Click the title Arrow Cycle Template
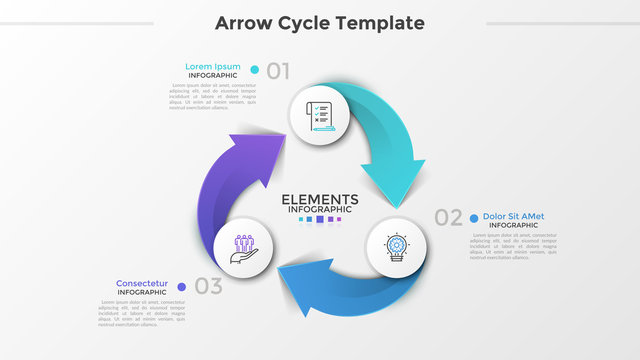pos(320,23)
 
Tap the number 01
pos(278,70)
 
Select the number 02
pos(449,216)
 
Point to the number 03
pos(208,286)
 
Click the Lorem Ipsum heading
pos(212,67)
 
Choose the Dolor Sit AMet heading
pos(513,216)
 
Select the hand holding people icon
pos(244,246)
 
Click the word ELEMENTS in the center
pos(320,198)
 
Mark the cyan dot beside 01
pos(255,70)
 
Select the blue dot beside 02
pos(473,216)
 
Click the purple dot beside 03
pos(181,286)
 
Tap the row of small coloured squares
pos(320,219)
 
